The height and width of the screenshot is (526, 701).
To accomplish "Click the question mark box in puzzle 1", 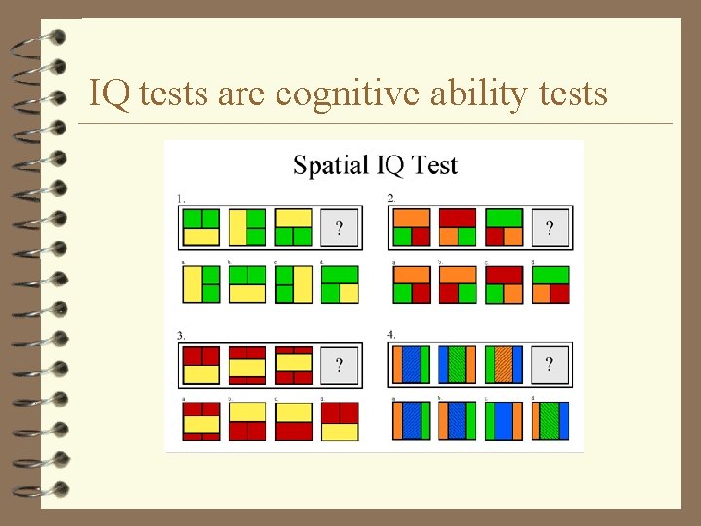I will click(x=339, y=228).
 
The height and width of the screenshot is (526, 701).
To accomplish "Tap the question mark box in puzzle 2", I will click(x=550, y=228).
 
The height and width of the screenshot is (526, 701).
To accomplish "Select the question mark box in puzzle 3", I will click(x=339, y=364).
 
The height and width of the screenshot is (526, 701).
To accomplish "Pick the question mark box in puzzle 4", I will click(x=550, y=364).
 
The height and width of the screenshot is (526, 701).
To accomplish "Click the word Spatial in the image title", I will click(x=330, y=165).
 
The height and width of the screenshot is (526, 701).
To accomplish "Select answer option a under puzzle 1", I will click(x=202, y=283).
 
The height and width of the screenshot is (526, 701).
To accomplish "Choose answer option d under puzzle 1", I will click(x=340, y=283).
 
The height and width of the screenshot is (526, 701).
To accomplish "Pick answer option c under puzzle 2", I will click(x=503, y=283).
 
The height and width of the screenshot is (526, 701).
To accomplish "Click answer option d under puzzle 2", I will click(x=550, y=283).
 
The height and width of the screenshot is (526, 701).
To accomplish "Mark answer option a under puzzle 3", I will click(x=202, y=422).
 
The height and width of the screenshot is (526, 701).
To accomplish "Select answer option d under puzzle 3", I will click(x=340, y=422).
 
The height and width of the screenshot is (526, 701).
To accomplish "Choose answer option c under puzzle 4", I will click(x=503, y=422).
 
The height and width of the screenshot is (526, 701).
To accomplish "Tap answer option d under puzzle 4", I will click(x=550, y=422).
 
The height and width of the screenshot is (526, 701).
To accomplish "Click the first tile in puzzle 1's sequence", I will click(x=202, y=228).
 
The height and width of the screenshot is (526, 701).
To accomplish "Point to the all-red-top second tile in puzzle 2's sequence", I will click(x=457, y=228).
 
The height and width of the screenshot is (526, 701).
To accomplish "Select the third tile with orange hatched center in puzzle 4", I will click(x=503, y=364).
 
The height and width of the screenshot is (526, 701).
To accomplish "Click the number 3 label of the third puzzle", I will click(x=181, y=335).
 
